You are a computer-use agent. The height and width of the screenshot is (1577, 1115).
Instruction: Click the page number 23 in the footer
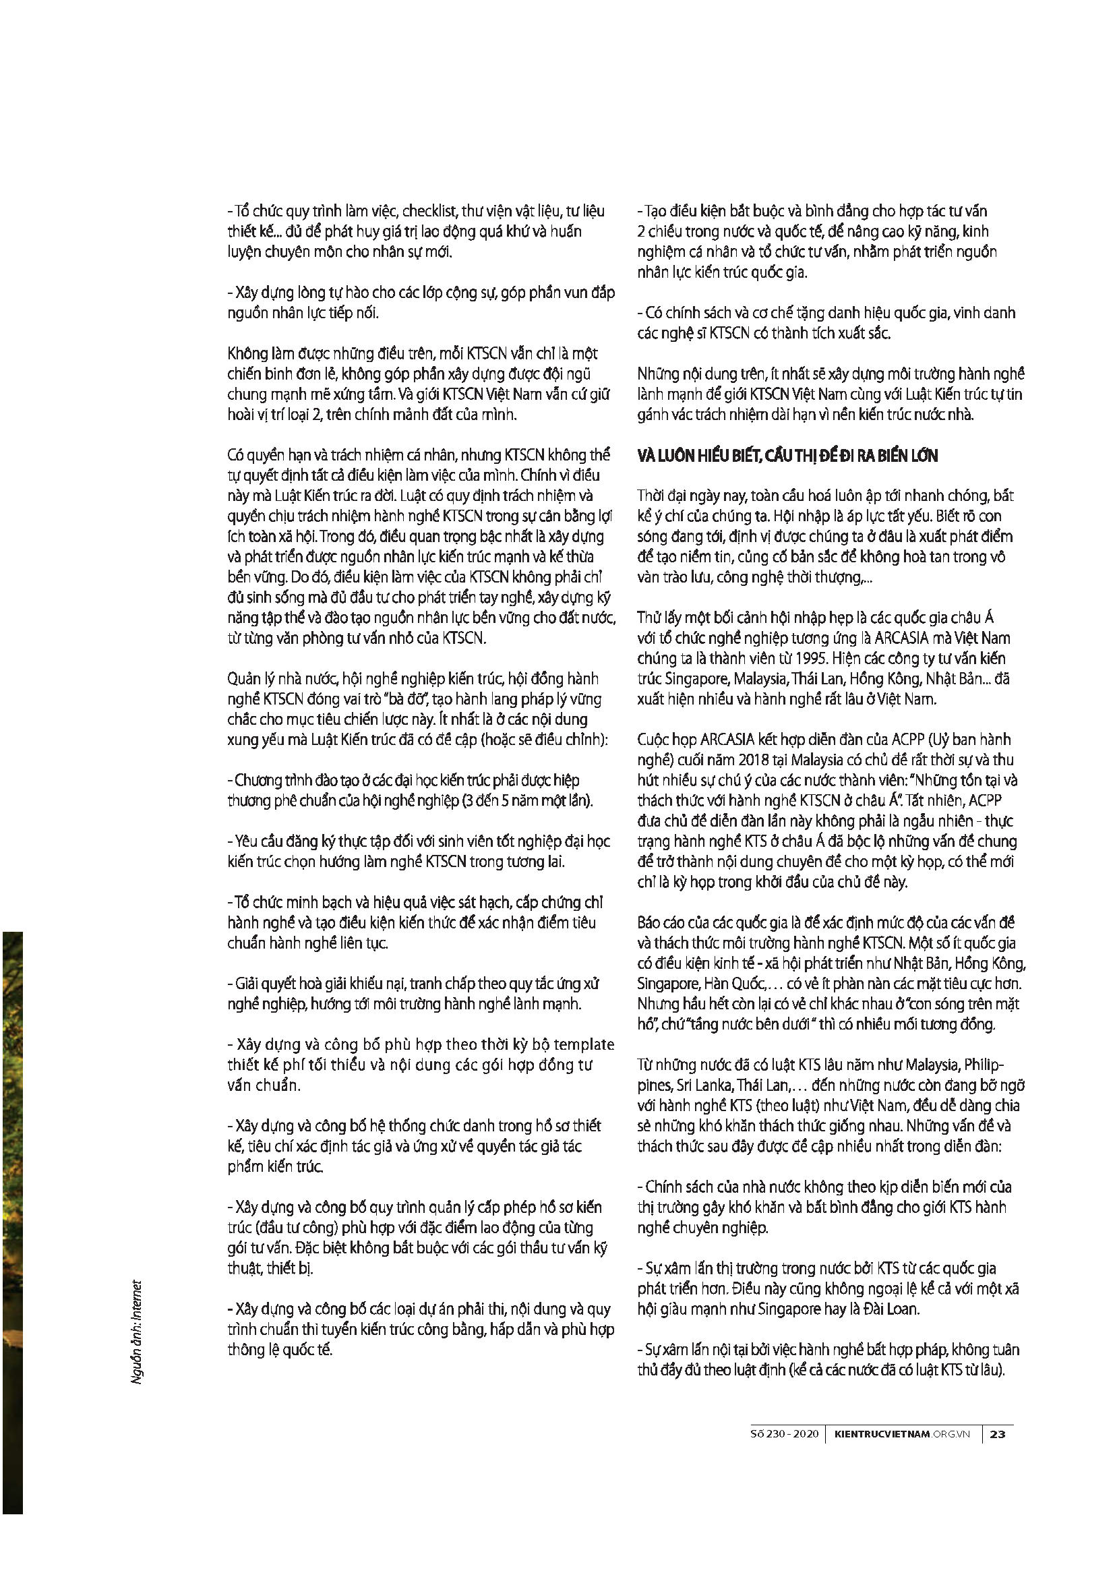coord(998,1434)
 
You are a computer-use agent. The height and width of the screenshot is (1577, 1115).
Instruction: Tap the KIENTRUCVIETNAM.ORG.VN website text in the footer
coord(902,1434)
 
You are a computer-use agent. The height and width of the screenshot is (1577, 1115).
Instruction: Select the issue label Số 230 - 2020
coord(784,1434)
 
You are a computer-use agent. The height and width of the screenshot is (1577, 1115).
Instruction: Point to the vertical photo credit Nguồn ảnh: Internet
coord(137,1332)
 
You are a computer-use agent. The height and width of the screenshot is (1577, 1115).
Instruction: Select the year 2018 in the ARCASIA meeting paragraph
coord(753,760)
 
